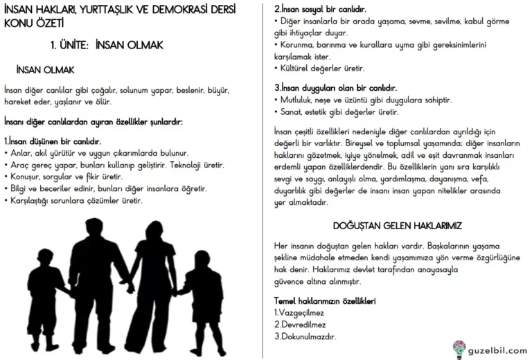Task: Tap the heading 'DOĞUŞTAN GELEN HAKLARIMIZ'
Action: [x=397, y=226]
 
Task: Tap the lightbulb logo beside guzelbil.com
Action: [x=459, y=348]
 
